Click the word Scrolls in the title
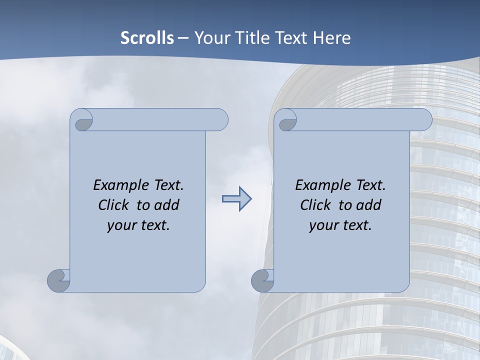(x=147, y=38)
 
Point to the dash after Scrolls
(x=183, y=38)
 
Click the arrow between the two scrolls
(x=236, y=199)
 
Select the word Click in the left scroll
(x=114, y=205)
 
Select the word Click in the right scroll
(x=316, y=205)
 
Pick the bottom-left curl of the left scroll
(x=58, y=280)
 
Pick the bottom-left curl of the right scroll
(x=262, y=280)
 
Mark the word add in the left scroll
(x=167, y=205)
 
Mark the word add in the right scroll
(x=369, y=205)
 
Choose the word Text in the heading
(x=291, y=38)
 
